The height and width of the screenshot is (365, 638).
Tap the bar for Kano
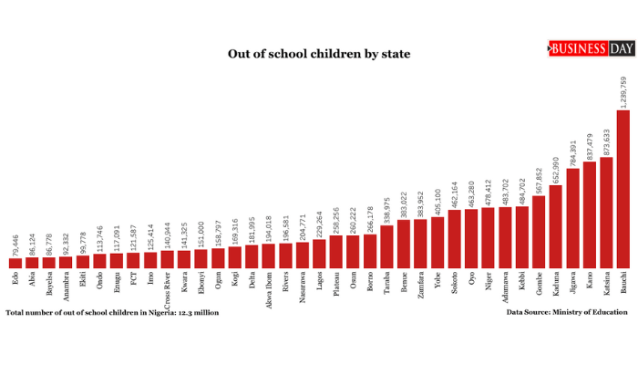tap(590, 214)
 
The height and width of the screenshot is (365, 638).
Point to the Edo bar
tap(15, 263)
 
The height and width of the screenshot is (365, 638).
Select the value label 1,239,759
tap(623, 92)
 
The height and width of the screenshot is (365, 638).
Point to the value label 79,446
tap(15, 245)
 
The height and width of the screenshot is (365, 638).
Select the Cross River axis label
tap(168, 287)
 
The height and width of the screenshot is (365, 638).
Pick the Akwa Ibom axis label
tap(269, 288)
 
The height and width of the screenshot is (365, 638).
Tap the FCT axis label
tap(134, 278)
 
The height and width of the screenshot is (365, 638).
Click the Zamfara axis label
tap(421, 283)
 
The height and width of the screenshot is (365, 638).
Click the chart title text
tap(319, 54)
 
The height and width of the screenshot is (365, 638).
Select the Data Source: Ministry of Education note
tap(567, 312)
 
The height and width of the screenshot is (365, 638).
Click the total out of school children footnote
tap(112, 312)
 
